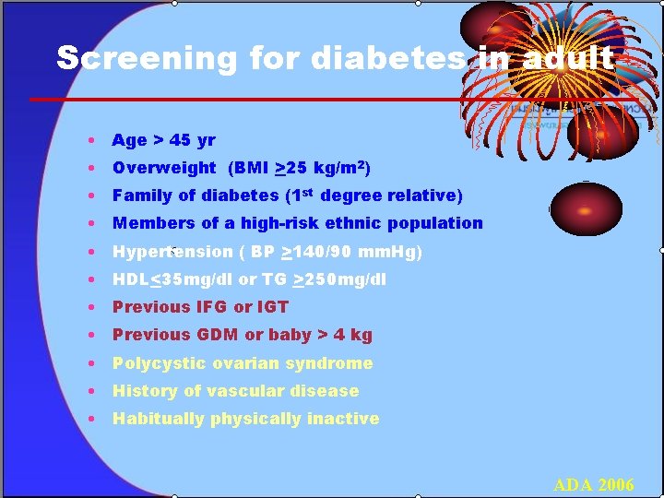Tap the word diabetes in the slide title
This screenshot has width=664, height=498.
(x=388, y=58)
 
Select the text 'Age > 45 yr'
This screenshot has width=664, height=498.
(x=163, y=140)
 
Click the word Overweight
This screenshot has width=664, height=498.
(x=164, y=168)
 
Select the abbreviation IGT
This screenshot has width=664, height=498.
(x=272, y=307)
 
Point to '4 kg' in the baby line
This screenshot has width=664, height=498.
(x=355, y=335)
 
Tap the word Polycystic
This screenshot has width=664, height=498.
(x=156, y=363)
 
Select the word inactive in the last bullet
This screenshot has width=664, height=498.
(x=342, y=419)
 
